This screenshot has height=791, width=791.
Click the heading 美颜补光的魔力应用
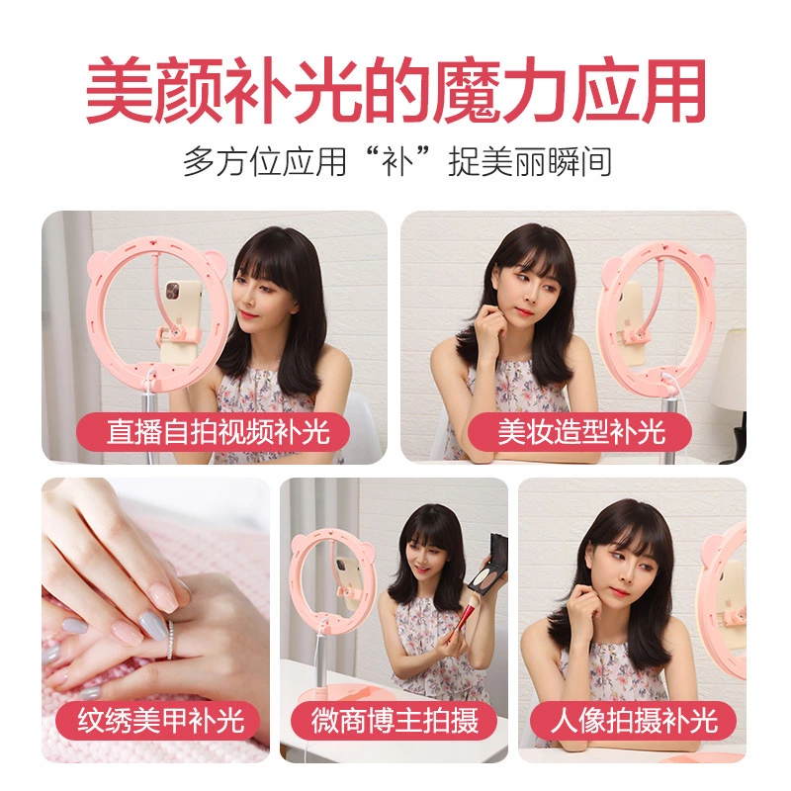(395, 91)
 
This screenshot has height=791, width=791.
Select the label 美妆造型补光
(581, 432)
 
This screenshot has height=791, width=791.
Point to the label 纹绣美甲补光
(161, 719)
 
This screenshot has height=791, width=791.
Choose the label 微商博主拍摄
(395, 719)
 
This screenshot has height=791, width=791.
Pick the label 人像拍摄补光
(634, 719)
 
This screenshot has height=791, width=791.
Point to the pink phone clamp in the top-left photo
(182, 341)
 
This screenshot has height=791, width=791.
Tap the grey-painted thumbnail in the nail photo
(154, 622)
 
